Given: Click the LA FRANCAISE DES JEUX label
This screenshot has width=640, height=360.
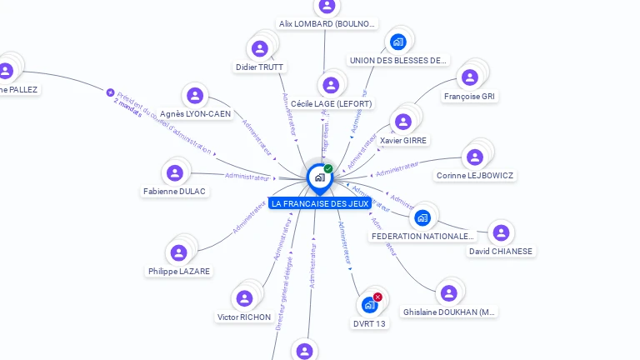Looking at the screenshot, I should click(x=320, y=203).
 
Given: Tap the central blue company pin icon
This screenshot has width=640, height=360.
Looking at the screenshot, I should click(x=319, y=177).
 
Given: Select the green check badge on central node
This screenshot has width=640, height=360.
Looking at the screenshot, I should click(x=328, y=169).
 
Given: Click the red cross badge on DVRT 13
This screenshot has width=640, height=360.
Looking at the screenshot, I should click(x=377, y=297).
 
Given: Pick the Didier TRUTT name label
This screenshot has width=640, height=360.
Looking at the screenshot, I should click(x=259, y=67).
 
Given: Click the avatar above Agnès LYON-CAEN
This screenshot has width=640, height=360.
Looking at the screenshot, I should click(x=195, y=96).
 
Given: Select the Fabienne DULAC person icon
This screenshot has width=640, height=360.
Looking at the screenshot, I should click(x=174, y=173).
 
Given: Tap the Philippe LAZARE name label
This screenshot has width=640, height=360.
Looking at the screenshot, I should click(x=179, y=271).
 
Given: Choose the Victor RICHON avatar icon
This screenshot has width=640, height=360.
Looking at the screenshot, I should click(x=244, y=298).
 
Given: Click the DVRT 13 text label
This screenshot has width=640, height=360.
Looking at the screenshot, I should click(x=370, y=323).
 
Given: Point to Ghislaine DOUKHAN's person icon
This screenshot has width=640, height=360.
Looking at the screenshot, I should click(x=448, y=293).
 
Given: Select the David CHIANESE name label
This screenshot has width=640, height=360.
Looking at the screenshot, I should click(x=501, y=251).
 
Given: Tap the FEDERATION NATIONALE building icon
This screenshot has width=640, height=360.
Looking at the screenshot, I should click(x=422, y=218).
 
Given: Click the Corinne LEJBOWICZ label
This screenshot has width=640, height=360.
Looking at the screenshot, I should click(x=475, y=176).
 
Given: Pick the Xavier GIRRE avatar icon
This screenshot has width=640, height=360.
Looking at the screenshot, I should click(x=403, y=122).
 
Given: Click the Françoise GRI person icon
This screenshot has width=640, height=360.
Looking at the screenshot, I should click(x=470, y=77).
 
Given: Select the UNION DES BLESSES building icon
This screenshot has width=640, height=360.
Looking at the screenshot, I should click(x=397, y=42).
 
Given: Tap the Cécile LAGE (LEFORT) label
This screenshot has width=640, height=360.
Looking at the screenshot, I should click(x=331, y=103).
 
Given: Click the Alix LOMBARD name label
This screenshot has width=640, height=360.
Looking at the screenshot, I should click(x=327, y=24).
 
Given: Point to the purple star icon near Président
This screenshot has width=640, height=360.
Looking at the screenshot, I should click(x=110, y=92).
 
